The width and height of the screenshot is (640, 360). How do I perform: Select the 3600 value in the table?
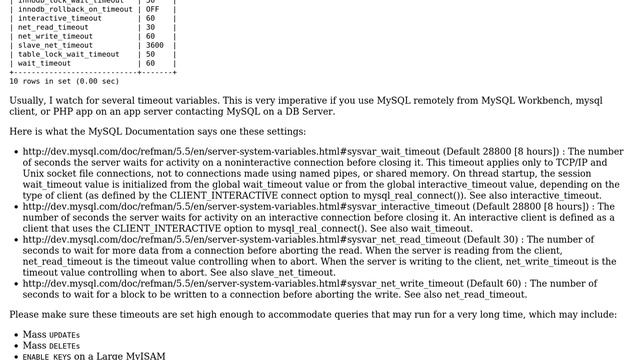click(x=155, y=45)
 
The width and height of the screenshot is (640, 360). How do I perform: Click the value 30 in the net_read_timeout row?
click(x=150, y=27)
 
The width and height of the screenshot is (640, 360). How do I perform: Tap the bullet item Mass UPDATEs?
click(x=51, y=334)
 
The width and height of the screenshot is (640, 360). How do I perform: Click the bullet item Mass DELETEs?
click(x=51, y=345)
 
